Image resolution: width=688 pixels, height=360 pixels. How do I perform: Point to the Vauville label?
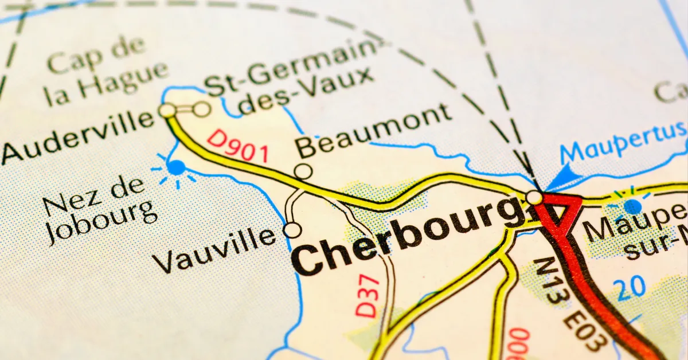[x=215, y=251]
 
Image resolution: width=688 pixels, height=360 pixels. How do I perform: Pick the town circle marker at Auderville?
[x=167, y=110]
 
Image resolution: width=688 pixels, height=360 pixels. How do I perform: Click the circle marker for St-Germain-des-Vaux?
[x=201, y=108]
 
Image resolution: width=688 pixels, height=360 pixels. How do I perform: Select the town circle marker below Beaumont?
[x=303, y=171]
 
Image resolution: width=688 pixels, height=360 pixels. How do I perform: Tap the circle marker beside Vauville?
[x=292, y=230]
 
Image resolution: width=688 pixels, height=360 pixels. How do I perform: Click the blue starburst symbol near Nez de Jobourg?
[x=175, y=168]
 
